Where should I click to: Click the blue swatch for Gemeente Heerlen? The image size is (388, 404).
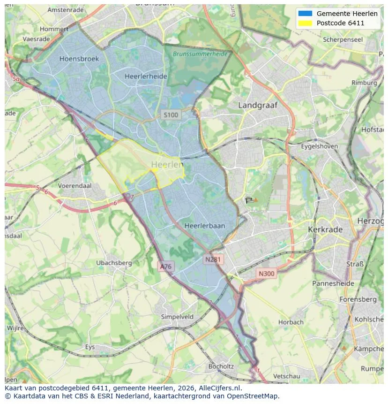(305, 14)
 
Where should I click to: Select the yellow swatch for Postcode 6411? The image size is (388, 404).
(305, 23)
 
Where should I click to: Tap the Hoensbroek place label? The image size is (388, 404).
(79, 59)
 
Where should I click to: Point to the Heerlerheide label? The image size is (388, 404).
(146, 76)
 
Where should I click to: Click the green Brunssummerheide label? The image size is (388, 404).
(200, 54)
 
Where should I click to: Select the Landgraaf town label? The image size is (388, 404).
(258, 105)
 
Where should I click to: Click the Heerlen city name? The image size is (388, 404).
(167, 165)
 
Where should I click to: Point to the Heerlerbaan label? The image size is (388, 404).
(205, 226)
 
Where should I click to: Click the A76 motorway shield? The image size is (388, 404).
(166, 267)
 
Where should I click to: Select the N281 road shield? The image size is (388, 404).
(214, 259)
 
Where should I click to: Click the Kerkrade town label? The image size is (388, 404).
(325, 230)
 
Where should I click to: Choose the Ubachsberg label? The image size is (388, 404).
(114, 263)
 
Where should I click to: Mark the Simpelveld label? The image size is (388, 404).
(177, 317)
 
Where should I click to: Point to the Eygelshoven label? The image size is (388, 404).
(319, 146)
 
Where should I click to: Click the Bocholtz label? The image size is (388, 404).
(221, 366)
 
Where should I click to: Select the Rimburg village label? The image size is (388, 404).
(364, 83)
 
